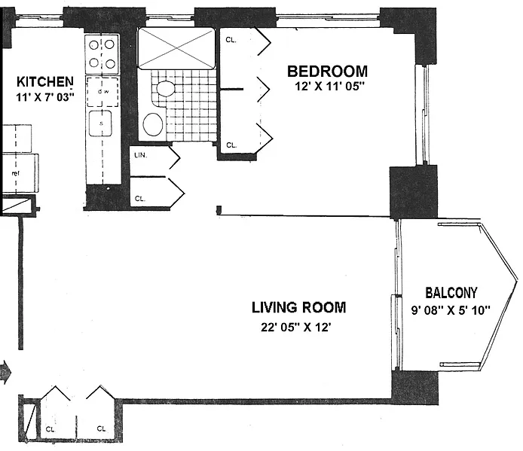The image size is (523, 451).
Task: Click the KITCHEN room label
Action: (x=45, y=81)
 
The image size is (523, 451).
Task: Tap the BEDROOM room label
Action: (x=328, y=72)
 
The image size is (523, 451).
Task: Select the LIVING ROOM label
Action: (x=299, y=307)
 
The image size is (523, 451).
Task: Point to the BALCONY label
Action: (x=451, y=293)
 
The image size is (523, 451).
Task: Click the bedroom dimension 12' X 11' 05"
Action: (x=329, y=87)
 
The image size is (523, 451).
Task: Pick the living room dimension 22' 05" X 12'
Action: (x=296, y=328)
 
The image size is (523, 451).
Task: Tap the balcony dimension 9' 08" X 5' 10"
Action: (x=451, y=310)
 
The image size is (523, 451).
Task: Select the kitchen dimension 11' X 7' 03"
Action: (x=45, y=97)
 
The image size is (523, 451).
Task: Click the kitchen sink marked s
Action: (x=100, y=123)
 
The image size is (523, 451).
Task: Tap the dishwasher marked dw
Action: (x=102, y=92)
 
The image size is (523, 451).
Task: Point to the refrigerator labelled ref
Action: (x=20, y=173)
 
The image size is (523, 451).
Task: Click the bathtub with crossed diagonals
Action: (x=176, y=48)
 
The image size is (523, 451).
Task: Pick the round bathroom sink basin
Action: (x=153, y=124)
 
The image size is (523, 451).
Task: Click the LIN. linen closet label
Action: (x=141, y=155)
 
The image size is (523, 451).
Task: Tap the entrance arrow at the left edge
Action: (x=6, y=370)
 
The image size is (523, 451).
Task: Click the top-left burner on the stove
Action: (x=94, y=44)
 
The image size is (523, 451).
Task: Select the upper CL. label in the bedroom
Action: (x=231, y=40)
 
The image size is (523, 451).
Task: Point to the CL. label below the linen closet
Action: (x=139, y=198)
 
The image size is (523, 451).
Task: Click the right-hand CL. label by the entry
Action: (x=102, y=428)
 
